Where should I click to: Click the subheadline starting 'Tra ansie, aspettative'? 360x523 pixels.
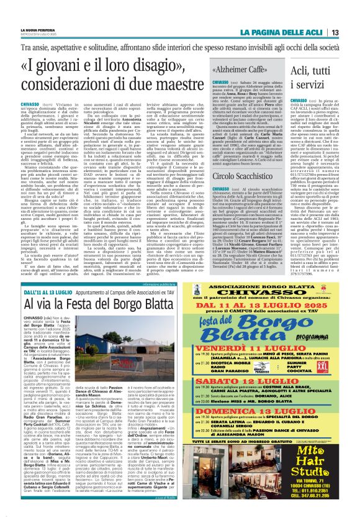(x=179, y=46)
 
